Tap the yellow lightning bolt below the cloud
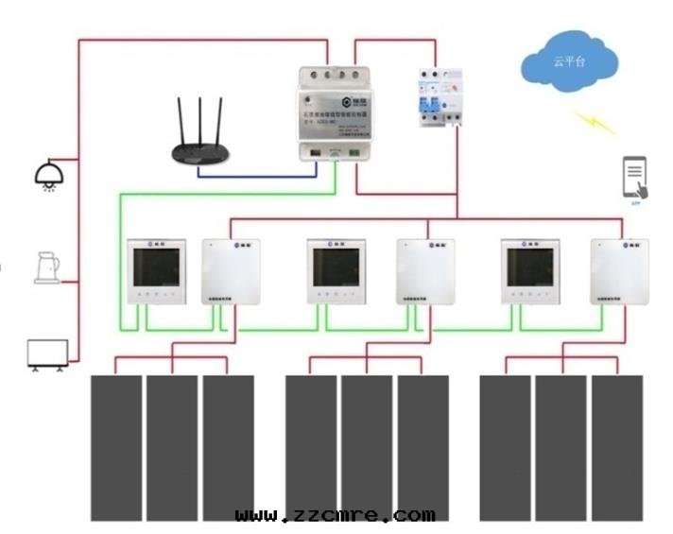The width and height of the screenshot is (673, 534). coord(595,123)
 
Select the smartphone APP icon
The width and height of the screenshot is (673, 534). coord(635,178)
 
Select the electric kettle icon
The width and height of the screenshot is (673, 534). coord(44,267)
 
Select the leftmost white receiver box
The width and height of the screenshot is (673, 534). coord(232,271)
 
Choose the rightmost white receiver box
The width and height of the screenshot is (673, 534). coord(620,271)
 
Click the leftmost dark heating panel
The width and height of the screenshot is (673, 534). coord(116,446)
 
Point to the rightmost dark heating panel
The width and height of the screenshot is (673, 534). coord(617,446)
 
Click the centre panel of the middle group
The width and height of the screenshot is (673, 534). coord(367,446)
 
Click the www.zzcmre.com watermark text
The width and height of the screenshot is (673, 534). coord(335,516)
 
